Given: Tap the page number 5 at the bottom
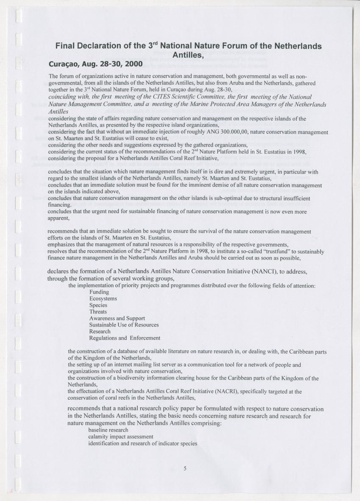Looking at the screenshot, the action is (x=185, y=468).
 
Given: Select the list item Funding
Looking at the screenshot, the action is (x=99, y=292).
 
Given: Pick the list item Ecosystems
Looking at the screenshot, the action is (x=103, y=299).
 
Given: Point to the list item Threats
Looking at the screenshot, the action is (x=98, y=312).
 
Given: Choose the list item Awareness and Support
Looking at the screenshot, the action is (x=117, y=318).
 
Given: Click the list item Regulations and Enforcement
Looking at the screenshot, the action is (x=125, y=338).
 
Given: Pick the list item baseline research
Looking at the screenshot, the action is (x=108, y=430).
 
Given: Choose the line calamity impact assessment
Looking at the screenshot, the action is (x=121, y=437).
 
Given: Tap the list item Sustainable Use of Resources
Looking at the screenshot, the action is (x=124, y=325).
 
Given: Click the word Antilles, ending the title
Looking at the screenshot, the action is (x=189, y=55).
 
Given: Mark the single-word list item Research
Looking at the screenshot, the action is (x=100, y=331).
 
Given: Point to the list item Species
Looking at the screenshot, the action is (x=98, y=305).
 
